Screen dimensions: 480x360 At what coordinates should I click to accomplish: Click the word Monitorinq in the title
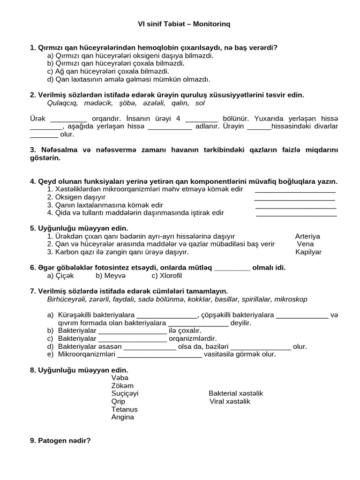(211, 23)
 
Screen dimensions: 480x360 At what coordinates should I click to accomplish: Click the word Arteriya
(308, 236)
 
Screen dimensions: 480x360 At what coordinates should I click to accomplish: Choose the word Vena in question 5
(306, 244)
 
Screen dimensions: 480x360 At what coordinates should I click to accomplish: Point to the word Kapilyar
(308, 252)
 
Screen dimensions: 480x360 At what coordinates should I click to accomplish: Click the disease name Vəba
(120, 377)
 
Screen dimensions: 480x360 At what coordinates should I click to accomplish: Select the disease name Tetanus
(124, 409)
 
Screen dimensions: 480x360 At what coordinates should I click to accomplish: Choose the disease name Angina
(123, 417)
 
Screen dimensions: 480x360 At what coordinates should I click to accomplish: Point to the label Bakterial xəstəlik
(236, 393)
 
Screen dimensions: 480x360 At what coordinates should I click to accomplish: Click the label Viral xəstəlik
(230, 401)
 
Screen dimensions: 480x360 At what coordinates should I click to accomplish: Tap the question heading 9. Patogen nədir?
(60, 441)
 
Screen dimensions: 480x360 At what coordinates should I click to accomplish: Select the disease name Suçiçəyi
(125, 393)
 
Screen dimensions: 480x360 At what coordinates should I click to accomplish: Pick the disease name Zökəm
(122, 385)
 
